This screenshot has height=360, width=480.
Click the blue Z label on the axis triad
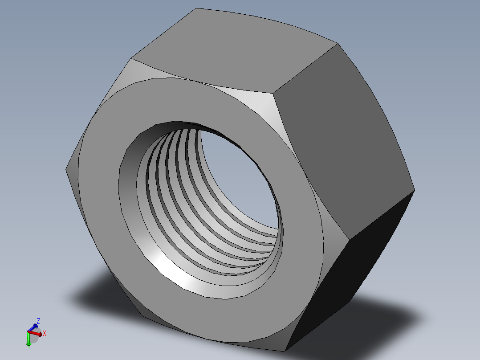pyautogui.click(x=38, y=321)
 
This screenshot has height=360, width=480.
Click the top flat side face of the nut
pyautogui.click(x=232, y=49)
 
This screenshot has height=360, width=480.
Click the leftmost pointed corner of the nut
pyautogui.click(x=66, y=169)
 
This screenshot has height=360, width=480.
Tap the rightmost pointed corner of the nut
pyautogui.click(x=415, y=191)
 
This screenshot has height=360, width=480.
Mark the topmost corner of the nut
pyautogui.click(x=196, y=8)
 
